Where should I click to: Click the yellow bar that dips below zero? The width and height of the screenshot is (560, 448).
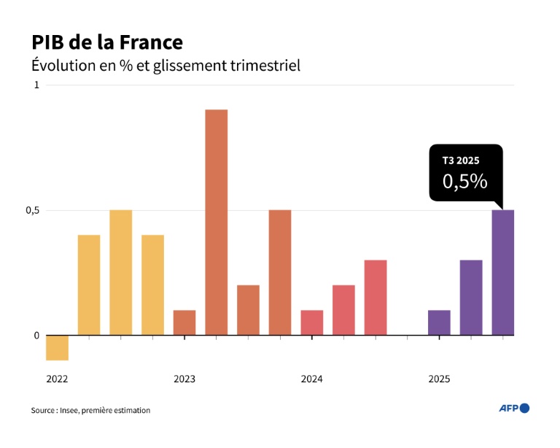(57, 348)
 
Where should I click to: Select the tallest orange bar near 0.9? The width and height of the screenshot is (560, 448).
(216, 223)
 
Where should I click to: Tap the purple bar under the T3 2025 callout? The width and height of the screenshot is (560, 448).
(502, 273)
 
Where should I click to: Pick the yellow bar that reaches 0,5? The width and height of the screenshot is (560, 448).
(121, 273)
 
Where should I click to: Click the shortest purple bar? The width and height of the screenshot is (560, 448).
(439, 323)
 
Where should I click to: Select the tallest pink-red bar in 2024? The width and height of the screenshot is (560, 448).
(376, 298)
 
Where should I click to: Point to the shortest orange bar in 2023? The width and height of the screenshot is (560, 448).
(184, 323)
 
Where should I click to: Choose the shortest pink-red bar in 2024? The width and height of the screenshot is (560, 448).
(311, 323)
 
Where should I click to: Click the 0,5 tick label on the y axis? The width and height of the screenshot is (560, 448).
(31, 211)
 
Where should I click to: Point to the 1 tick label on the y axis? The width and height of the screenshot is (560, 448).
(36, 85)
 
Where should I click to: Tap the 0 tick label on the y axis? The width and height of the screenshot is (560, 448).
(36, 336)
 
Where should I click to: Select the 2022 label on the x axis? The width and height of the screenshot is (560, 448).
(57, 379)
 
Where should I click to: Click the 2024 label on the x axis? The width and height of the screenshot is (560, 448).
(311, 379)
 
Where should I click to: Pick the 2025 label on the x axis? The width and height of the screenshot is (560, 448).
(439, 379)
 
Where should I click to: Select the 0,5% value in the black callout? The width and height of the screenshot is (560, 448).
(464, 181)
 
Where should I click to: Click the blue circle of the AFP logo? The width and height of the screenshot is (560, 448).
(524, 408)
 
